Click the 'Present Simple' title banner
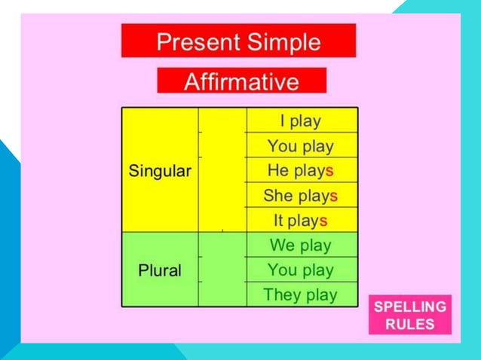[x=238, y=41]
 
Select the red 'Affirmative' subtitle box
[x=241, y=81]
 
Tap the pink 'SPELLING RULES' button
[x=410, y=315]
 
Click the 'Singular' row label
[x=160, y=171]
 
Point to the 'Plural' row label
[x=160, y=270]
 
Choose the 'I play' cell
[x=301, y=121]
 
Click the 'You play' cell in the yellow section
[x=301, y=145]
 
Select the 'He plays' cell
[x=301, y=170]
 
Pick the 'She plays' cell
[x=301, y=196]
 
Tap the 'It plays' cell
[x=301, y=221]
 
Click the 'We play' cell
[x=301, y=246]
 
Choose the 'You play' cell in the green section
[x=301, y=270]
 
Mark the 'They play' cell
[x=301, y=294]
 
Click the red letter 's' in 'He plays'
[x=329, y=171]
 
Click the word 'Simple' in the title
[x=283, y=41]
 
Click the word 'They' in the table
[x=281, y=294]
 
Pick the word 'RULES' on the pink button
[x=410, y=325]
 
